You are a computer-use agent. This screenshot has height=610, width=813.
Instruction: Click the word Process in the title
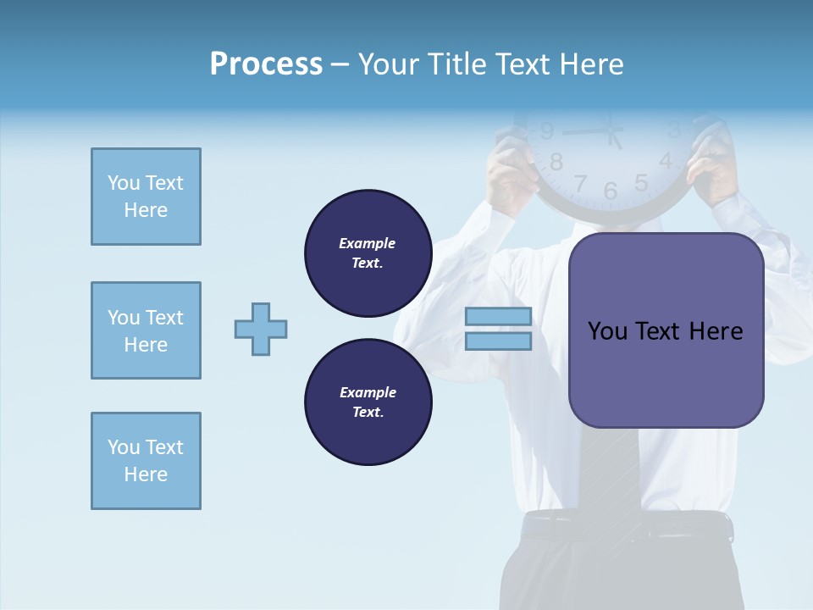point(266,64)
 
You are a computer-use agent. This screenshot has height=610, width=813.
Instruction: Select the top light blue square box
point(146,197)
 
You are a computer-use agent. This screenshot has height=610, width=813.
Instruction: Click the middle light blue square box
point(146,330)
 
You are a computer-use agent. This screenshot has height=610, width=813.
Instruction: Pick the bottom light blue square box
point(146,461)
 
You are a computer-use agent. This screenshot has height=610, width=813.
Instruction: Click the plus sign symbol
point(261,329)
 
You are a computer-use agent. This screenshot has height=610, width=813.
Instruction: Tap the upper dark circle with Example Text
point(368,253)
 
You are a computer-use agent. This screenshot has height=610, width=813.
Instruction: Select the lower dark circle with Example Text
point(368,402)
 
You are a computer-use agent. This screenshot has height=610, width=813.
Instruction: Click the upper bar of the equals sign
point(498,316)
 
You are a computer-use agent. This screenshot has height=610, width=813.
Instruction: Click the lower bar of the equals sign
point(498,341)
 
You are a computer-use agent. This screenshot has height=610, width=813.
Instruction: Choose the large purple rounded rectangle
point(666,330)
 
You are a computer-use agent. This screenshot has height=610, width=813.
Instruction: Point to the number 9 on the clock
point(547,131)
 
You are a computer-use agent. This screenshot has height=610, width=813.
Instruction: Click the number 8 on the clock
point(556,162)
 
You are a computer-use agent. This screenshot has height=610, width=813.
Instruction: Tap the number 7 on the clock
point(581,183)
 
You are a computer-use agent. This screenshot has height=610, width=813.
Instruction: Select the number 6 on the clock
point(611,191)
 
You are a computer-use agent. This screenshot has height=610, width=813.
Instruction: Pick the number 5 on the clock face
point(641,182)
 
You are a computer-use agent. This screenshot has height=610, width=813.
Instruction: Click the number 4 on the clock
point(666,160)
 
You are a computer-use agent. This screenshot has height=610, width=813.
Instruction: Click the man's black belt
point(627,527)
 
